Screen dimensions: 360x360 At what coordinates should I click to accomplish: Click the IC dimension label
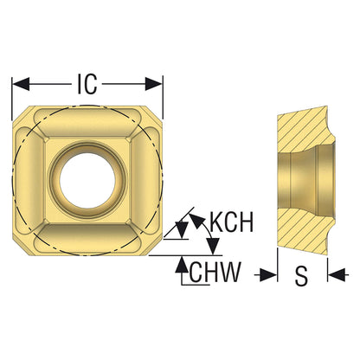coord(87,84)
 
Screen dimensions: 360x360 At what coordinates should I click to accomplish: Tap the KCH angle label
coord(231,222)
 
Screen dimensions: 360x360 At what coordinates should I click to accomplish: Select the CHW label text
coord(215,272)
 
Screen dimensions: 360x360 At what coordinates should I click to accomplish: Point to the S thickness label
coord(302,275)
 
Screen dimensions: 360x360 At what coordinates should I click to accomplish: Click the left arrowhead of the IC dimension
coord(21,84)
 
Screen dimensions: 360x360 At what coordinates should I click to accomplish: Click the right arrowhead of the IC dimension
coord(153,84)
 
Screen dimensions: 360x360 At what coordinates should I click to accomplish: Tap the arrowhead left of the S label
coord(268,274)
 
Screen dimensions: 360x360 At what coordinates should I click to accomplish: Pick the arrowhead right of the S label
coord(337,274)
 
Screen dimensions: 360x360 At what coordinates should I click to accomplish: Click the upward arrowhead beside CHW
coord(182,265)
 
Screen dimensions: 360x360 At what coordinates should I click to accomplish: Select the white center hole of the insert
coord(87,180)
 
